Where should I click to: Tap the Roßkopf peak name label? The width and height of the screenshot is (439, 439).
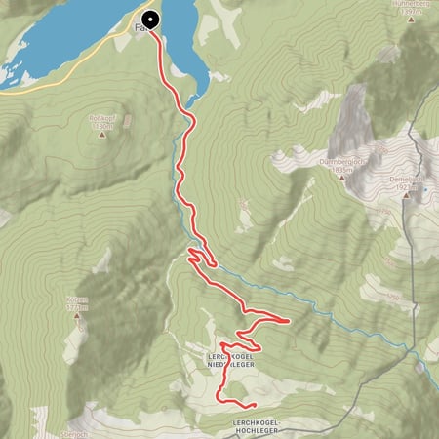point(102,114)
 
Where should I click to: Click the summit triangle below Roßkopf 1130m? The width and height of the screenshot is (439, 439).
point(102,136)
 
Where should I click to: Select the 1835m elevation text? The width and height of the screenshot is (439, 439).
point(339,170)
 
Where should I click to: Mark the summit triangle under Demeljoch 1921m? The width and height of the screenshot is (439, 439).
point(411,194)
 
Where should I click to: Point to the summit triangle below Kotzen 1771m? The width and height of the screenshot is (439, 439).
point(77,322)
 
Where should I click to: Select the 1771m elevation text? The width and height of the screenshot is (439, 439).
point(78,309)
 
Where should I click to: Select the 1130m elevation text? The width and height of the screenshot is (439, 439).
point(102,125)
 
